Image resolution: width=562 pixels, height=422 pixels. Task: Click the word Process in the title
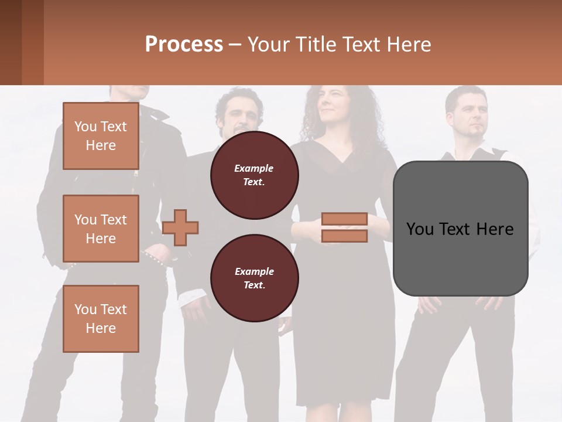click(x=184, y=44)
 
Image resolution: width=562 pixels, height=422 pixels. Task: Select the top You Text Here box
click(x=101, y=136)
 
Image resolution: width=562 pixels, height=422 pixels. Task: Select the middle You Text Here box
click(x=101, y=229)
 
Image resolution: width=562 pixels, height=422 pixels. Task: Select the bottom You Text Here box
click(x=101, y=318)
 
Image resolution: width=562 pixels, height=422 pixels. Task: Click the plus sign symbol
click(x=180, y=227)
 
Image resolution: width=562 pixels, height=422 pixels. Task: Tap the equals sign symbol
click(x=344, y=227)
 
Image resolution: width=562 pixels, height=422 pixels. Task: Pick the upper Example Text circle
click(x=254, y=175)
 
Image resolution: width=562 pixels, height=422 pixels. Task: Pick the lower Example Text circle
click(x=254, y=278)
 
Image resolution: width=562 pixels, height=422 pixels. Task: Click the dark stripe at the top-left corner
click(x=11, y=42)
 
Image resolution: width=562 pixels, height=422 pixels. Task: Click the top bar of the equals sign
click(x=344, y=219)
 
